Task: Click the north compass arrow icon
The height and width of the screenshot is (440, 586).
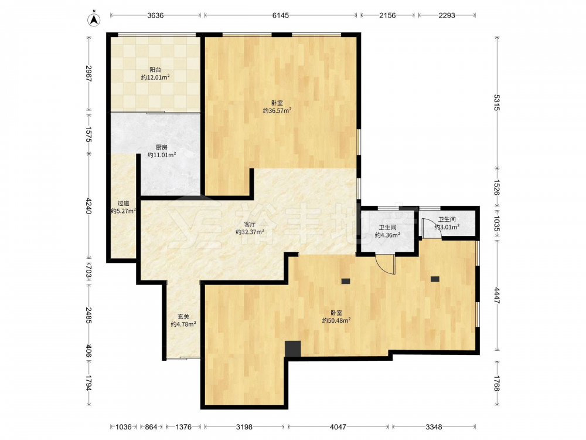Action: pyautogui.click(x=94, y=19)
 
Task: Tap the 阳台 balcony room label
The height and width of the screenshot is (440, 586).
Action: pyautogui.click(x=155, y=70)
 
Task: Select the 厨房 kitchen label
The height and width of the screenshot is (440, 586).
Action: pyautogui.click(x=162, y=147)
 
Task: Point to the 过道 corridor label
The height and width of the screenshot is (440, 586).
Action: pyautogui.click(x=123, y=204)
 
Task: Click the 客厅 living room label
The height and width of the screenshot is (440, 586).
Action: pyautogui.click(x=250, y=225)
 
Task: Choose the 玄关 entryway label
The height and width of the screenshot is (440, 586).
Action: pyautogui.click(x=183, y=317)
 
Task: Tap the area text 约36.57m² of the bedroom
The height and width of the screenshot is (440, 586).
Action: pyautogui.click(x=277, y=111)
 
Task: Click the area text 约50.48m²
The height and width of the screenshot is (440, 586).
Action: pyautogui.click(x=336, y=321)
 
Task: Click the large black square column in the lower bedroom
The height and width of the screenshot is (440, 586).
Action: pyautogui.click(x=293, y=348)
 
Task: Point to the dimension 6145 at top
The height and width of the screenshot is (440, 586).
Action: pyautogui.click(x=280, y=15)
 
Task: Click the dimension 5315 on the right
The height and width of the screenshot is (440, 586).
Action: pyautogui.click(x=496, y=103)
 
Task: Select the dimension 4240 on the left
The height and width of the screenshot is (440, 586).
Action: pyautogui.click(x=88, y=206)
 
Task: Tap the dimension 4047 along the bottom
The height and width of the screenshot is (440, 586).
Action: pyautogui.click(x=338, y=427)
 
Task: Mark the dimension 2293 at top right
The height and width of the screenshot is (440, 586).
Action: pyautogui.click(x=447, y=15)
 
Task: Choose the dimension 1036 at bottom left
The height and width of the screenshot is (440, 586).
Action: pyautogui.click(x=123, y=427)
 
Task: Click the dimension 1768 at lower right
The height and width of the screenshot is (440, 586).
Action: pyautogui.click(x=496, y=384)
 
